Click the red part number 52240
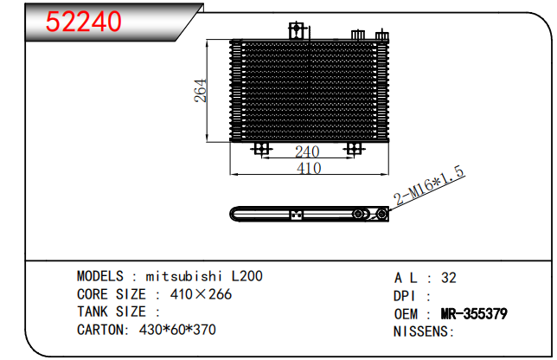click(84, 22)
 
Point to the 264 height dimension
click(201, 91)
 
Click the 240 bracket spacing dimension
click(307, 151)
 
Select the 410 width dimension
click(309, 168)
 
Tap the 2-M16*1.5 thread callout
click(429, 185)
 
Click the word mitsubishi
click(184, 276)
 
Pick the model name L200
click(247, 276)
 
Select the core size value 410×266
click(201, 294)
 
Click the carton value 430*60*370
click(177, 330)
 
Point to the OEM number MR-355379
click(474, 314)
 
